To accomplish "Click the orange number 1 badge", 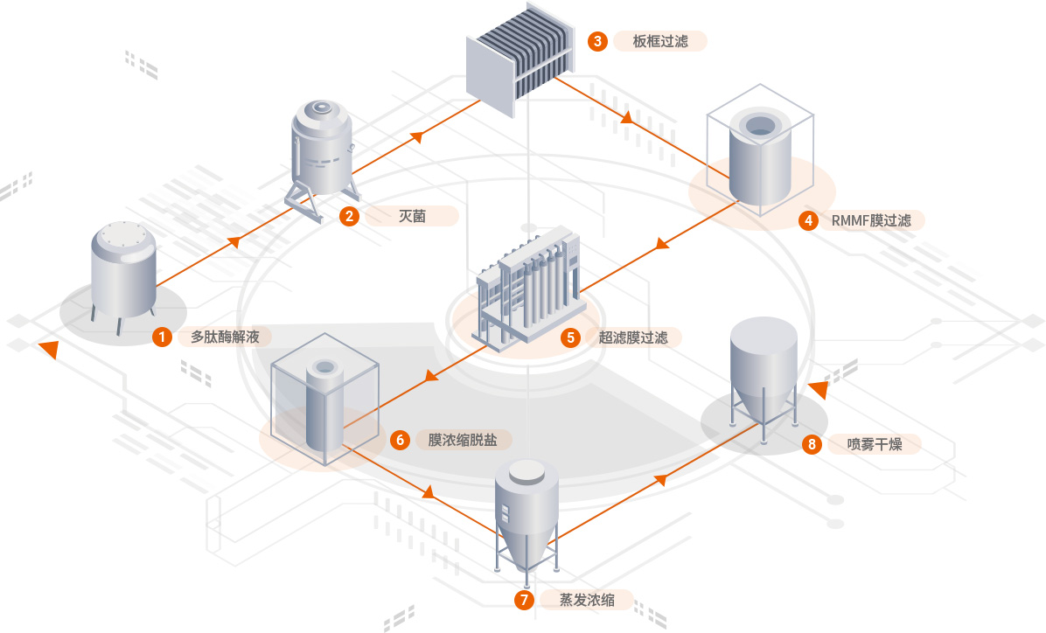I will point(162,336).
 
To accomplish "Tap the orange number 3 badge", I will point(597,41).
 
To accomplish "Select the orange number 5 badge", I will point(570,337).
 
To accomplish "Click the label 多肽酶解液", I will point(225,336).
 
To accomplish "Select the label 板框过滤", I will point(661,41).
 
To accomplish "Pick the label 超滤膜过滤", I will point(633,337).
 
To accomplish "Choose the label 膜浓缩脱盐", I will point(463,440).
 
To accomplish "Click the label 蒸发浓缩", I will point(587,600).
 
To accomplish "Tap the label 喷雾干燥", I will point(874,445).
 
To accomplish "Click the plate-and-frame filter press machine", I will point(520,58).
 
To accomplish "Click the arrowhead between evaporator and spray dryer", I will point(662,478).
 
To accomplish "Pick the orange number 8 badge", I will point(812,445).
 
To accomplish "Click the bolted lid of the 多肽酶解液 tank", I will point(123,237).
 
